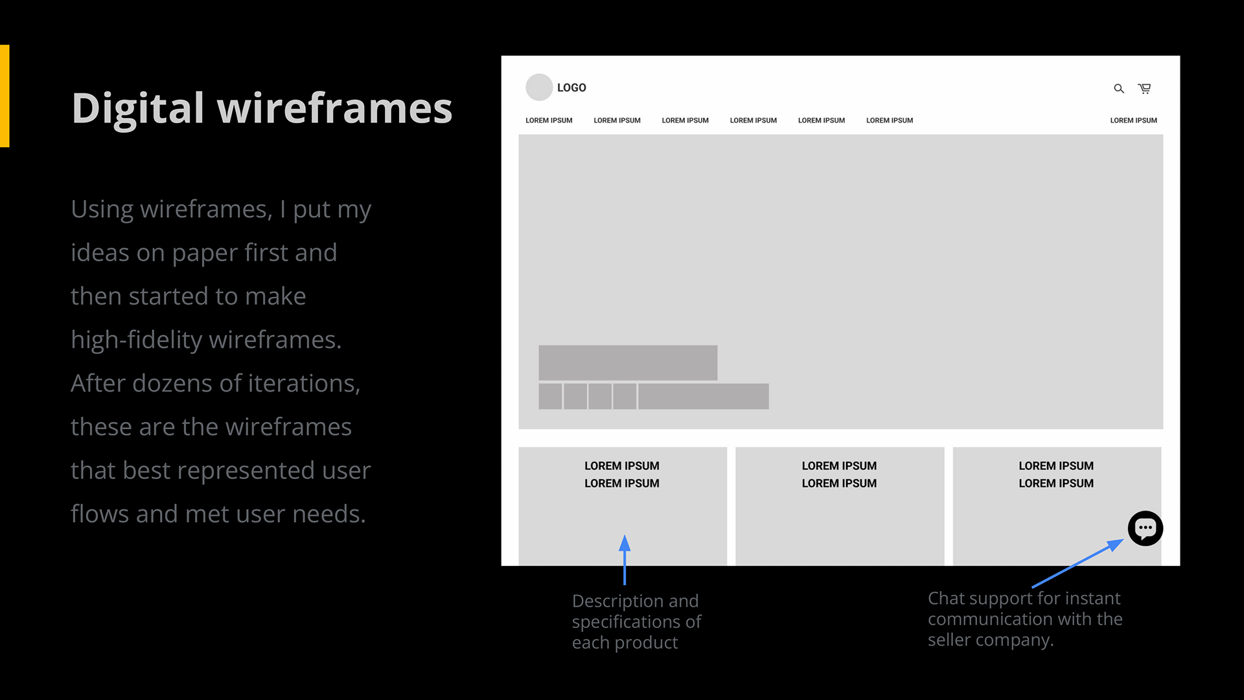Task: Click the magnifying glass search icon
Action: pyautogui.click(x=1119, y=89)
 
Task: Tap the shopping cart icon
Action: pyautogui.click(x=1145, y=88)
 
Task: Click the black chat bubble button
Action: pyautogui.click(x=1146, y=528)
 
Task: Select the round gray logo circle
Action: pyautogui.click(x=539, y=87)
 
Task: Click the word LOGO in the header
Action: pyautogui.click(x=571, y=87)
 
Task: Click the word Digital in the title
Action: pyautogui.click(x=138, y=108)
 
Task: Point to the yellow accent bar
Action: pyautogui.click(x=5, y=96)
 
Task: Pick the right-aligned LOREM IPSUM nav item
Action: pyautogui.click(x=1133, y=121)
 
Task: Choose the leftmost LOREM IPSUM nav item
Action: pyautogui.click(x=549, y=121)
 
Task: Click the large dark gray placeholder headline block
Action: pyautogui.click(x=628, y=362)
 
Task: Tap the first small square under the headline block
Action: pyautogui.click(x=550, y=396)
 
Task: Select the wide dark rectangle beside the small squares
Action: pyautogui.click(x=704, y=396)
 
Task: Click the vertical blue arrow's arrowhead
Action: pyautogui.click(x=625, y=542)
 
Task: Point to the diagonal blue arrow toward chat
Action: pyautogui.click(x=1077, y=563)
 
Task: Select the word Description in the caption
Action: pyautogui.click(x=617, y=602)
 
